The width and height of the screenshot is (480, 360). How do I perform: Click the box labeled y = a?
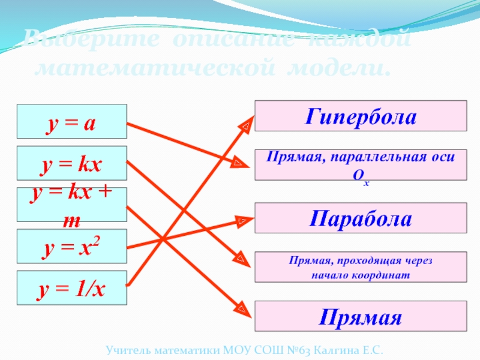[71, 121]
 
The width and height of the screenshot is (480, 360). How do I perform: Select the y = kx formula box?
[71, 163]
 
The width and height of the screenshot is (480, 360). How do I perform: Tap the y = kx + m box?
[71, 205]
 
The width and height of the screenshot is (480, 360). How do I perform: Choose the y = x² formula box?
[71, 246]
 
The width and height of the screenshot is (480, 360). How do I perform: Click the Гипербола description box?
[361, 115]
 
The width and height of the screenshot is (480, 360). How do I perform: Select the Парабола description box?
[361, 218]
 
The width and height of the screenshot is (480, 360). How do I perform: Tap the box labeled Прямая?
[361, 316]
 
